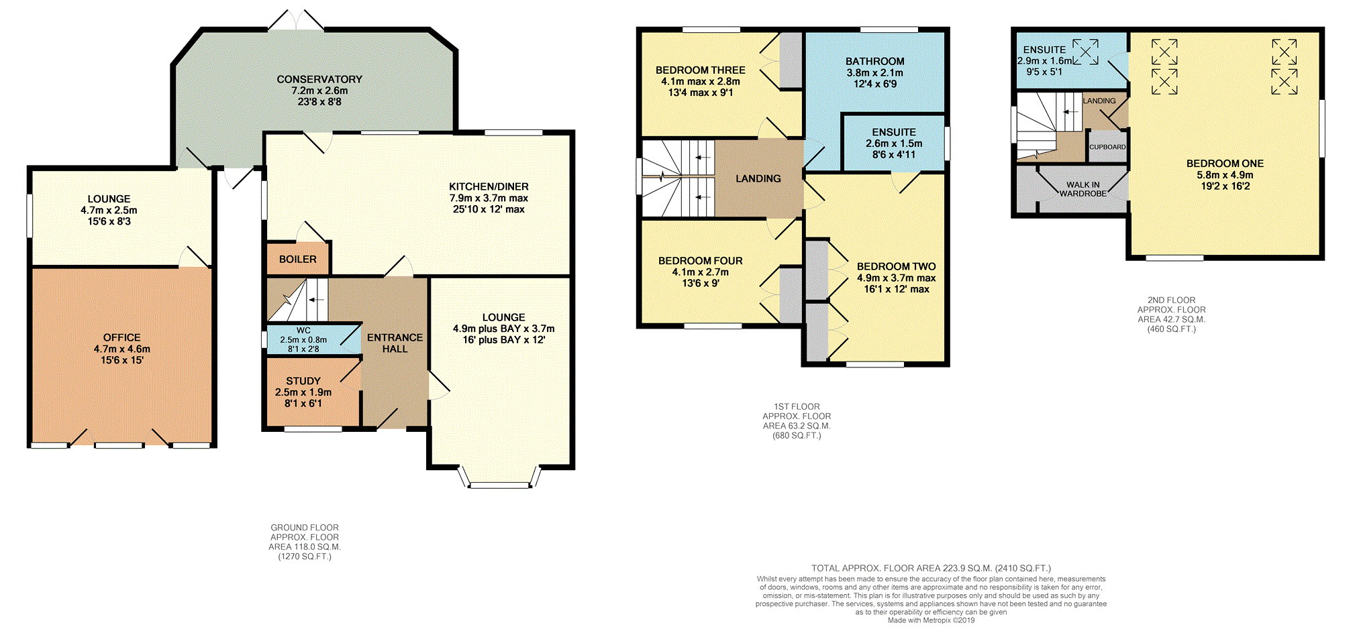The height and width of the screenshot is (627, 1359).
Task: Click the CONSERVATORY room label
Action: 319,79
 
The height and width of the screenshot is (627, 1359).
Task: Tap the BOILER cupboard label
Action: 297,260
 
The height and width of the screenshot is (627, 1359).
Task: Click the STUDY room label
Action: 303,381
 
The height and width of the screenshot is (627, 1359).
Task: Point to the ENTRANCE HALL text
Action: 395,343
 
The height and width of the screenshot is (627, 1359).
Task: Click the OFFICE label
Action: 122,337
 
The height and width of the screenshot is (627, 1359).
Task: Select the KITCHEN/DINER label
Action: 489,186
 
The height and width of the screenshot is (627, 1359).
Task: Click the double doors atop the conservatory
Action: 296,21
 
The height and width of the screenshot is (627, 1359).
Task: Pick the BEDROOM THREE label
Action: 700,70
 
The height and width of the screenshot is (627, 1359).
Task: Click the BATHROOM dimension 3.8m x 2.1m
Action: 874,72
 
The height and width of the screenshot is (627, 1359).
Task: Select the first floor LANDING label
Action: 758,178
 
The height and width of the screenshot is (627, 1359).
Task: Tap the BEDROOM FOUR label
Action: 700,261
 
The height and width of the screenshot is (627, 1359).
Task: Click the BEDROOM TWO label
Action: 896,266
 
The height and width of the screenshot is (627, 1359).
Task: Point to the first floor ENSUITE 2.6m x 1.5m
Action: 894,144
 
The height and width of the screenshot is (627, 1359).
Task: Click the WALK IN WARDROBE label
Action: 1083,189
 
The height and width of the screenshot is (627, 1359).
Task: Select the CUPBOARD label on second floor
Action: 1107,147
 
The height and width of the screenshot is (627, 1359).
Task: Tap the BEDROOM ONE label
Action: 1225,164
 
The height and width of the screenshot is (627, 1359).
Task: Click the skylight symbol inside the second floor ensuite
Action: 1085,52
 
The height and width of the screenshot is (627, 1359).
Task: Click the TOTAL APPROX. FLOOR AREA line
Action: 931,568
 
